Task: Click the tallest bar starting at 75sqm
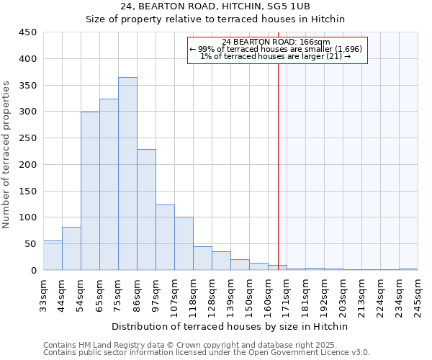127,174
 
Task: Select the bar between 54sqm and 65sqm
90,191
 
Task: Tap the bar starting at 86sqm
146,210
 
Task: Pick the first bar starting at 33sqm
53,256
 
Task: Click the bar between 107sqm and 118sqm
184,243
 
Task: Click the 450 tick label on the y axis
27,32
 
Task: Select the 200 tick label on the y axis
27,165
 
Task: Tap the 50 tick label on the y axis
30,244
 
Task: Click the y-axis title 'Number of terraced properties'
6,155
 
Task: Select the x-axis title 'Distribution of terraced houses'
230,326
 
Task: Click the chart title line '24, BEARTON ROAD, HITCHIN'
216,6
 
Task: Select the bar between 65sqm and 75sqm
109,184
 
